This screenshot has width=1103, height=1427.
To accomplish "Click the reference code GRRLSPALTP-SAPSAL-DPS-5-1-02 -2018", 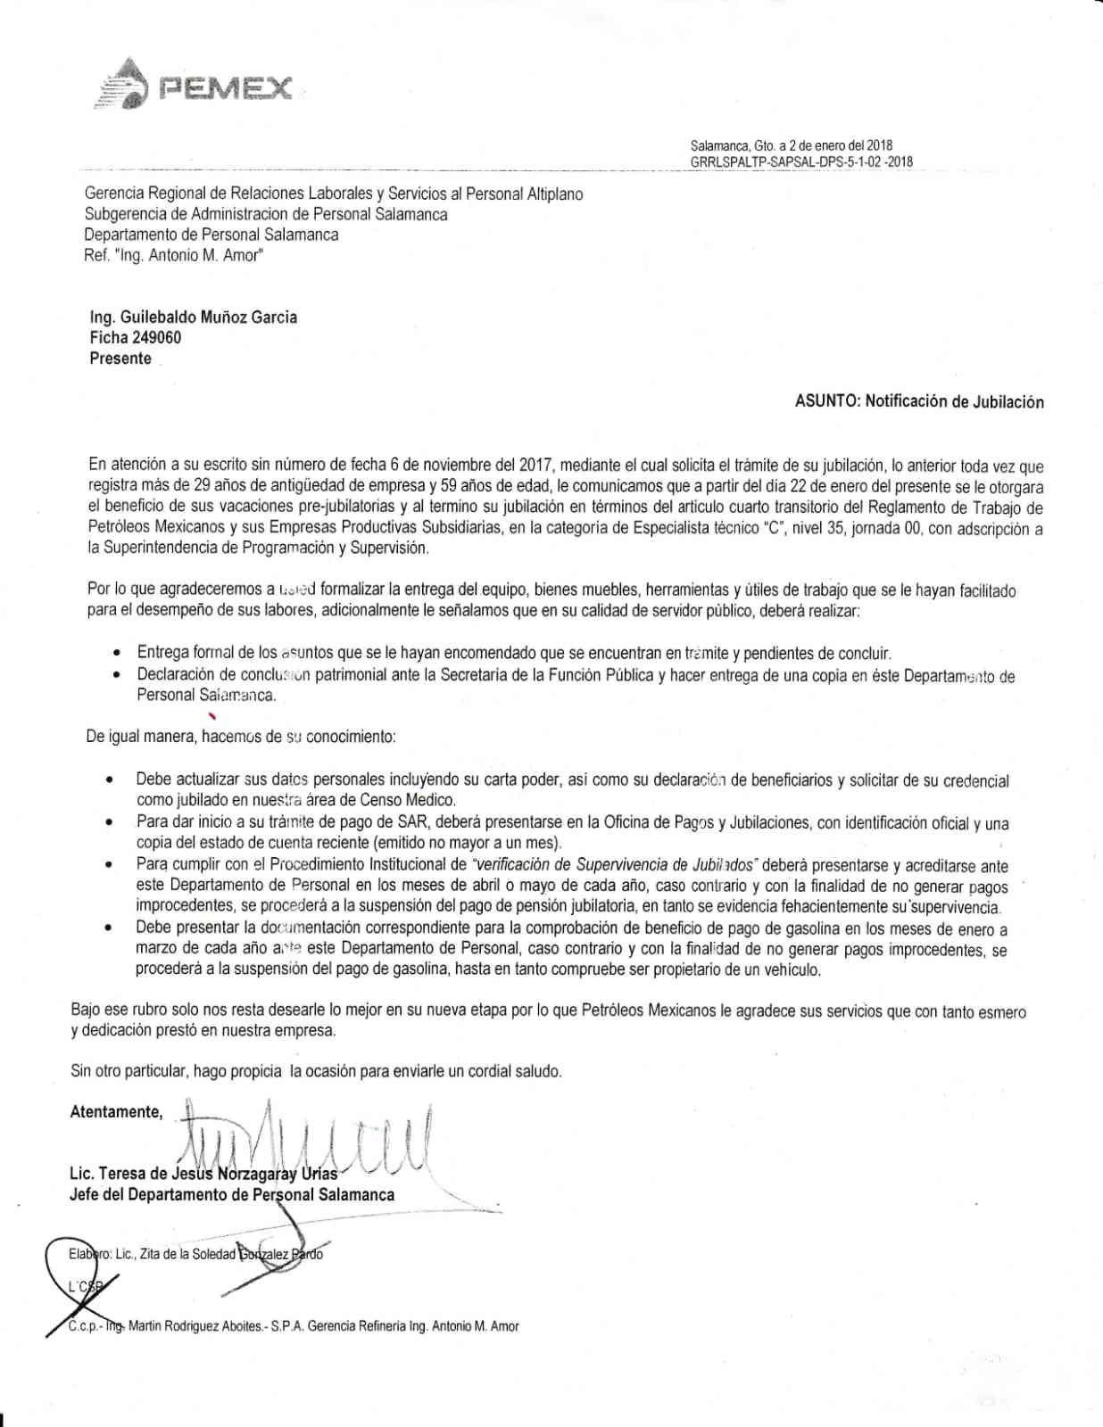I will [x=801, y=162].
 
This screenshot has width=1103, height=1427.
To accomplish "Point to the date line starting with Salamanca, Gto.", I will [x=791, y=145].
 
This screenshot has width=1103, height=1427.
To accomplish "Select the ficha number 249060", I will [x=156, y=338].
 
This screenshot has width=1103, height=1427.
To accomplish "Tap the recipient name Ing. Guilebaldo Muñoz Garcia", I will [x=194, y=318].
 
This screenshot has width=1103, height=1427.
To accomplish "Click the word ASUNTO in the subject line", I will [x=826, y=401].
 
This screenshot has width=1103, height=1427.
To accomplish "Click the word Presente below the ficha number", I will [x=120, y=359].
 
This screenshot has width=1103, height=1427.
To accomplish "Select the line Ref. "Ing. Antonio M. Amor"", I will [x=173, y=255].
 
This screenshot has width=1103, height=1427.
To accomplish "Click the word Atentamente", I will [x=116, y=1112].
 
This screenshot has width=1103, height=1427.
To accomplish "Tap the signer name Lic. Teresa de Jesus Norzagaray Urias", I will [x=203, y=1174].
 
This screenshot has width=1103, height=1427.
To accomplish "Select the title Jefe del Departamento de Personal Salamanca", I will [x=231, y=1194].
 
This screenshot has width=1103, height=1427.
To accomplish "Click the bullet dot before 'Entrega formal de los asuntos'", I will [x=117, y=654].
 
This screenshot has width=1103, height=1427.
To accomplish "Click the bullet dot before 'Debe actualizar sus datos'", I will [x=109, y=780].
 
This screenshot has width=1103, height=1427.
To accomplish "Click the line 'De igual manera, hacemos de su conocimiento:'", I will [x=241, y=738].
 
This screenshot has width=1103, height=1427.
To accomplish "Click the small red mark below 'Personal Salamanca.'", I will [x=211, y=715].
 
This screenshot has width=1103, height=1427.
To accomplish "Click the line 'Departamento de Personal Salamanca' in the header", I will [x=211, y=235].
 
